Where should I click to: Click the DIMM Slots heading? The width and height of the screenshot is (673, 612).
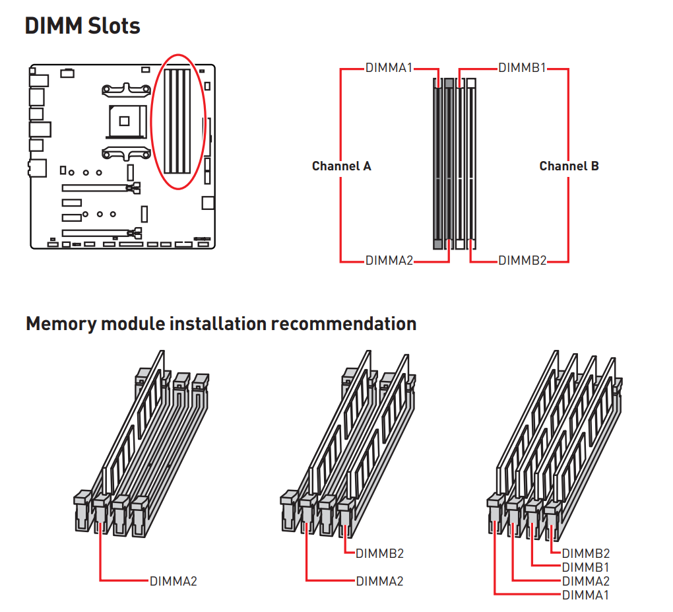point(82,26)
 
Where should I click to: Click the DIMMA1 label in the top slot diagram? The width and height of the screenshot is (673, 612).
point(389,68)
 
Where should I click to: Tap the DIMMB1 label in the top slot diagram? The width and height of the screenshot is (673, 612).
point(522,68)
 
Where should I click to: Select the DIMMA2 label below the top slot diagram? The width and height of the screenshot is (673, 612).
point(389,261)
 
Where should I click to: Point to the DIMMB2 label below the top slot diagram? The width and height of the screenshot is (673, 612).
point(523,261)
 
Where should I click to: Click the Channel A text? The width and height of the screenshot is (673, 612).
point(342,166)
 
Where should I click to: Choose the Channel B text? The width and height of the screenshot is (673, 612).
point(569,166)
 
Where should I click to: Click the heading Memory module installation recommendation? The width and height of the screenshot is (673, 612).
point(221,323)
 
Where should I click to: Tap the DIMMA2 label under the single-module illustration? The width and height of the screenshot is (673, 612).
point(174,581)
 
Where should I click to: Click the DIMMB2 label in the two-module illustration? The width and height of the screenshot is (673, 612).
point(380,554)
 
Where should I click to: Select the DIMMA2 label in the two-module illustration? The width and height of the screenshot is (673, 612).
point(380,581)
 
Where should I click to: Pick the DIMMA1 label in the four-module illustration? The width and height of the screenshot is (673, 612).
point(585,595)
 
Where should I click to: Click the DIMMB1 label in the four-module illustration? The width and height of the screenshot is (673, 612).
point(585,567)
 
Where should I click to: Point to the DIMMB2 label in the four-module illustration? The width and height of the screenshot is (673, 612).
point(586,554)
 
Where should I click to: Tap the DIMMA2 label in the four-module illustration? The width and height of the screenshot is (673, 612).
point(586,581)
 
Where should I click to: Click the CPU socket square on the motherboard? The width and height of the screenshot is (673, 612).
point(125,121)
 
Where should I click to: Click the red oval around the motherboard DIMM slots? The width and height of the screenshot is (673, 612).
point(179,121)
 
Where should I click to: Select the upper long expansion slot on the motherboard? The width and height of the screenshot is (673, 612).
point(101,187)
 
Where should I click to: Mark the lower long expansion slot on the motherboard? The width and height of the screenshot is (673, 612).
point(102,233)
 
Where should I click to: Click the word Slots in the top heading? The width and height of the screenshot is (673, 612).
point(114,26)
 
